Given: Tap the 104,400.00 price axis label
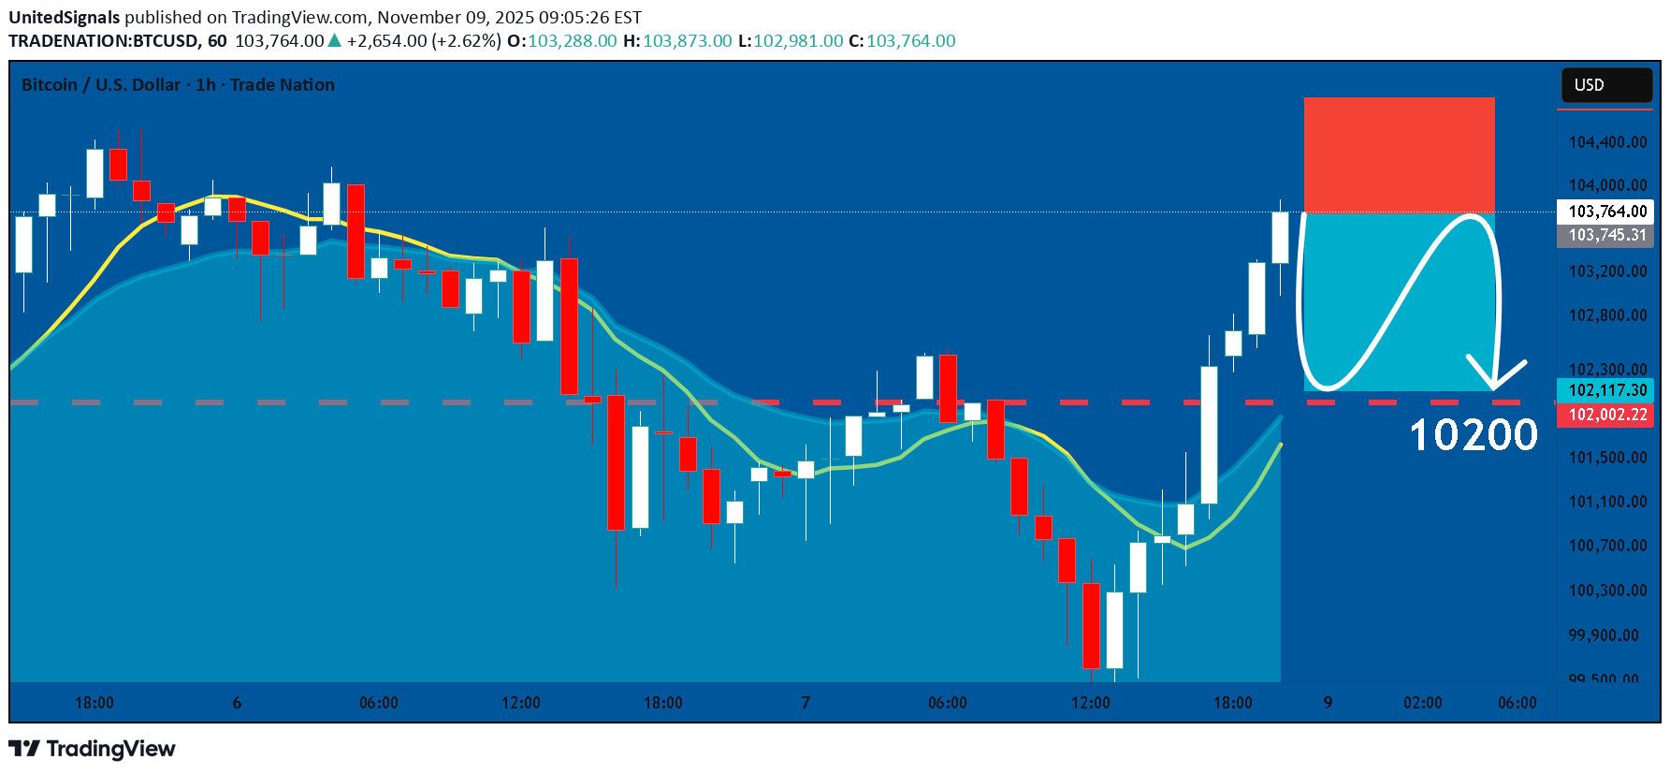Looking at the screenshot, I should coord(1607,142).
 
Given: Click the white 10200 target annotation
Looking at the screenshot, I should coord(1473,435).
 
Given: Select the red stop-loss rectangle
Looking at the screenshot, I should coord(1399,154).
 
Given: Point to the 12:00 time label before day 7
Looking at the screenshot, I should coord(521,703).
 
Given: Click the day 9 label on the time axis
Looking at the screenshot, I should coord(1328,703).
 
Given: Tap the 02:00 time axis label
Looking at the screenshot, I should coord(1422,703).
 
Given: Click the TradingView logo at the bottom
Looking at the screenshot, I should coord(92,749).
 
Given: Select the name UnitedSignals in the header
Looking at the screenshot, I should coord(65,18).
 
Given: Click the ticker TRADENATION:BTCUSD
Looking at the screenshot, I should coord(103,41).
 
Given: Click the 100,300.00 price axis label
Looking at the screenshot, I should coord(1607,591).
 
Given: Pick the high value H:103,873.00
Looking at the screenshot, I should coord(677,41).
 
